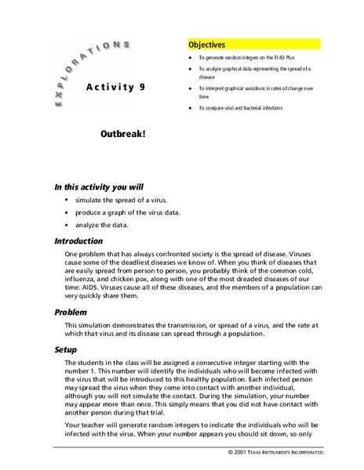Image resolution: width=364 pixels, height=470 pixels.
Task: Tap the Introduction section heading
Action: [78, 241]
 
